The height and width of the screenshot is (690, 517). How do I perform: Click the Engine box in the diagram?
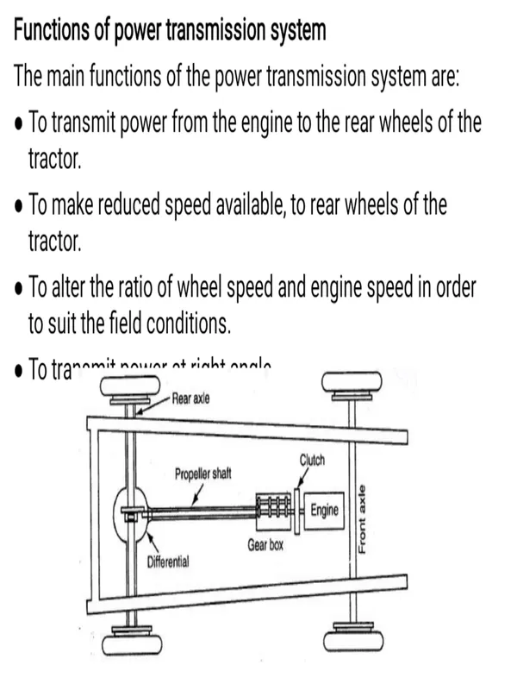pyautogui.click(x=324, y=511)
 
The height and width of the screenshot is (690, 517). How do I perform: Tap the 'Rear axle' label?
pyautogui.click(x=191, y=398)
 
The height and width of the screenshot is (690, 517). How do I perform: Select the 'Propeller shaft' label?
pyautogui.click(x=202, y=474)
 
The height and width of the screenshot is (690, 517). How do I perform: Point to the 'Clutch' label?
pyautogui.click(x=312, y=460)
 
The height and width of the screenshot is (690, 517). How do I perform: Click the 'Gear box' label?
pyautogui.click(x=265, y=546)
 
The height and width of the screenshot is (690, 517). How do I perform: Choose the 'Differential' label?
pyautogui.click(x=168, y=561)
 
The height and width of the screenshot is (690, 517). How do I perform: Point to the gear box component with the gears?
pyautogui.click(x=275, y=511)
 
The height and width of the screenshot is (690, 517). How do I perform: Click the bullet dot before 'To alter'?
pyautogui.click(x=19, y=289)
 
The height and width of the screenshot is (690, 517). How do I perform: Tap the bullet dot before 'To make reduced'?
pyautogui.click(x=19, y=208)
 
